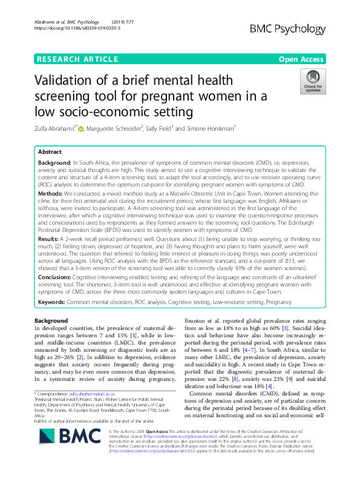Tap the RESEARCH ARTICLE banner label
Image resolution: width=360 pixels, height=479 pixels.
(x=77, y=59)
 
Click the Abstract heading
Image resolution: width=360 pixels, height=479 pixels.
(x=50, y=153)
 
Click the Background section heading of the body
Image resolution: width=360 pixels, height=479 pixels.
(x=51, y=320)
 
